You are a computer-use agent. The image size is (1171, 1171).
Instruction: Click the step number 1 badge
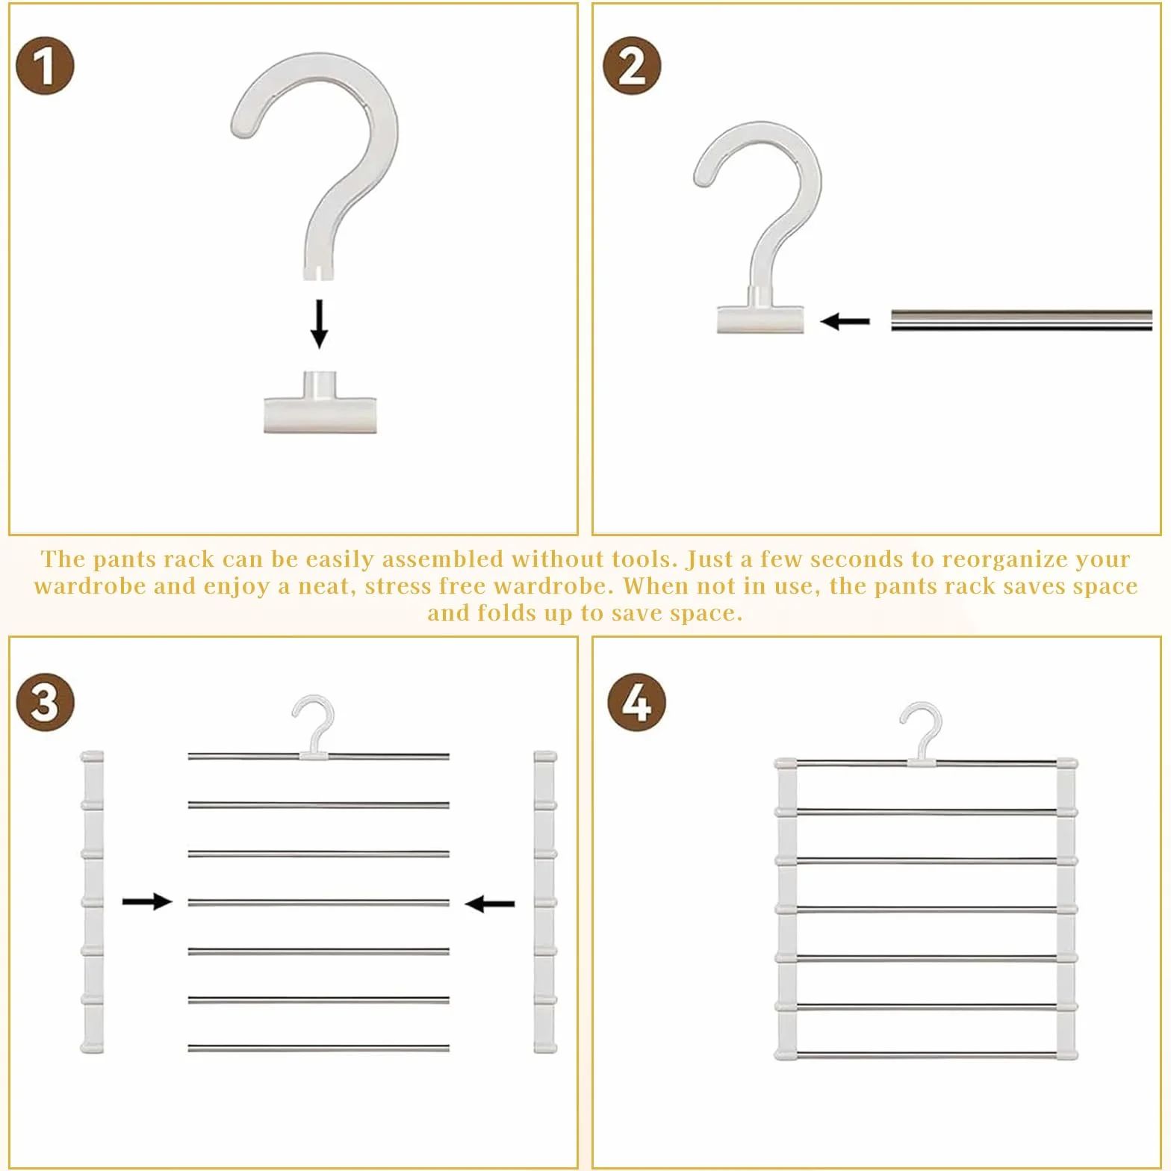click(x=45, y=66)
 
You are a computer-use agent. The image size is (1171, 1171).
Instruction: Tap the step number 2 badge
click(x=632, y=66)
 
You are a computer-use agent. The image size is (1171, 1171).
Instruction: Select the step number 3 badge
click(x=45, y=702)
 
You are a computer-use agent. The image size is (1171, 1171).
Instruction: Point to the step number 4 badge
click(x=636, y=702)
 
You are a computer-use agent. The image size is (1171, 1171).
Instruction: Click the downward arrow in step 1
click(x=320, y=324)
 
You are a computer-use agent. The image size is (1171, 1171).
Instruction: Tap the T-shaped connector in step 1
click(x=320, y=403)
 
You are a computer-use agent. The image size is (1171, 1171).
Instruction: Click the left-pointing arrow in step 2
click(x=845, y=322)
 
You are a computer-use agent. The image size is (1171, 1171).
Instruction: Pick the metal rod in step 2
click(x=1022, y=320)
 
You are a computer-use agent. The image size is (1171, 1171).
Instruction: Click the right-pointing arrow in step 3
click(x=147, y=901)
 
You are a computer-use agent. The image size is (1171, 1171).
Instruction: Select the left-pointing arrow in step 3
click(x=489, y=904)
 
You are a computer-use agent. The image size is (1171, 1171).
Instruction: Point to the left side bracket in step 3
click(x=92, y=902)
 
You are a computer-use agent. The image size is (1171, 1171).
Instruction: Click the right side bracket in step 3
click(x=545, y=902)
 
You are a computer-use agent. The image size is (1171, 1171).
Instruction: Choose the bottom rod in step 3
click(x=318, y=1049)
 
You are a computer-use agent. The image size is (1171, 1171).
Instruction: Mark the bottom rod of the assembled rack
click(x=926, y=1056)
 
